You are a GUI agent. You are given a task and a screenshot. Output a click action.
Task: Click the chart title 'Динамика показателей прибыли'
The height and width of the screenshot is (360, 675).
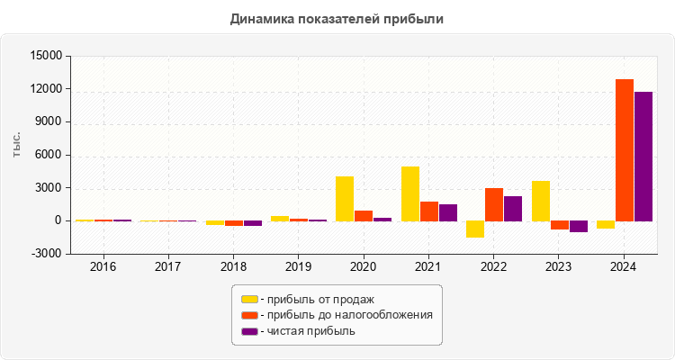(x=337, y=18)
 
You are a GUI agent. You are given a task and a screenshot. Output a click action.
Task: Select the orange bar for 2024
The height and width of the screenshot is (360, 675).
(x=624, y=149)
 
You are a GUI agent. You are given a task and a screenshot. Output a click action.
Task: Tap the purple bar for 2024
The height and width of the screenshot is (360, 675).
(x=643, y=156)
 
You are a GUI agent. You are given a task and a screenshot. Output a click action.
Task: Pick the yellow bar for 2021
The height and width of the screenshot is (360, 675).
(x=410, y=193)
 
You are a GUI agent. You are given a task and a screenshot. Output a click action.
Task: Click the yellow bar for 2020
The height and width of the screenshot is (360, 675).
(x=345, y=198)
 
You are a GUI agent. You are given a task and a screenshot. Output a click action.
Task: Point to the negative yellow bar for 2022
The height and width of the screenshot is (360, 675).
(x=475, y=229)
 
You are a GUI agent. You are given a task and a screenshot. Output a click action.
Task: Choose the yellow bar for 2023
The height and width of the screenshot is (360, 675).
(x=541, y=201)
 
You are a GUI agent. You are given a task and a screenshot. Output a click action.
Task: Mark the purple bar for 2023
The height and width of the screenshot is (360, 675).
(x=578, y=226)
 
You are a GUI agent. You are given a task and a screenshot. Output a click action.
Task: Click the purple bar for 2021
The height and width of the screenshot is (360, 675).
(x=448, y=212)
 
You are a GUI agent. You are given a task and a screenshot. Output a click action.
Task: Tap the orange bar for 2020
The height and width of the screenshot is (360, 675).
(x=364, y=215)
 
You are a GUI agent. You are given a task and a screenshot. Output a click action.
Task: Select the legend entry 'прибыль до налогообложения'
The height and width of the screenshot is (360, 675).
(x=346, y=315)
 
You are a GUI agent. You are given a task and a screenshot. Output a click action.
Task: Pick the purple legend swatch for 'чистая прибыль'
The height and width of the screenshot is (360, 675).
(x=249, y=331)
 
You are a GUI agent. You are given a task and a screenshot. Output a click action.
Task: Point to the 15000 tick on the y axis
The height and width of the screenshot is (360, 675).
(x=46, y=56)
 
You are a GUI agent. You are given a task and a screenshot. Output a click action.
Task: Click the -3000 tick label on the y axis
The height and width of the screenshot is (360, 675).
(x=47, y=254)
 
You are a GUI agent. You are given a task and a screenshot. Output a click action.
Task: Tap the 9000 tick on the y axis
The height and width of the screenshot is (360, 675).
(x=49, y=122)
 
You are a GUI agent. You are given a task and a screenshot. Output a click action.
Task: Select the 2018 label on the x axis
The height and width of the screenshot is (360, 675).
(x=233, y=267)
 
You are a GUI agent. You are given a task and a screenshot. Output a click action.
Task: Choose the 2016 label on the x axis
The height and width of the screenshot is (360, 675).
(x=103, y=267)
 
